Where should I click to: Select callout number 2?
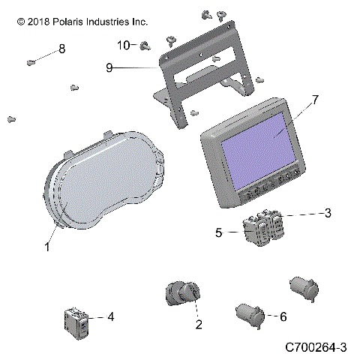tap(199, 325)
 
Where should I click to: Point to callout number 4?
tap(110, 317)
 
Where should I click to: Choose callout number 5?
tap(219, 233)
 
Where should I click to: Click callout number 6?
tap(283, 317)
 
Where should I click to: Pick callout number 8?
tap(61, 49)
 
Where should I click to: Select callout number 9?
tap(109, 67)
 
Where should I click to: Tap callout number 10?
tap(123, 44)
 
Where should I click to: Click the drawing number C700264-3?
tap(315, 347)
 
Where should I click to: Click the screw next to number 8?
tap(31, 61)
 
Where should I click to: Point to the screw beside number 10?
tap(143, 46)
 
